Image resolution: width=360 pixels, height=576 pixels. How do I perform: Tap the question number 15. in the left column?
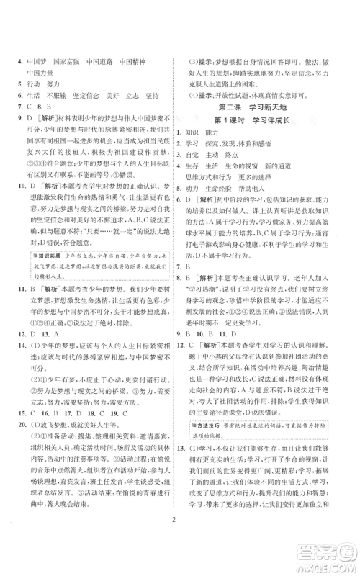tap(23, 395)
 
